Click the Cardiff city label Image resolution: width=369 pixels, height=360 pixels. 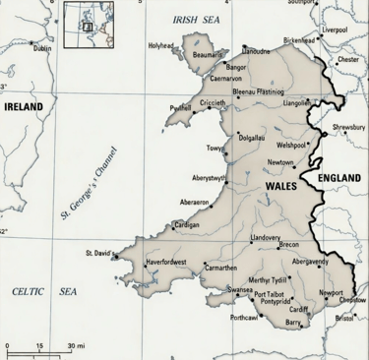click(x=299, y=309)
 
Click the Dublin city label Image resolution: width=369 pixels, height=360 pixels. click(x=42, y=48)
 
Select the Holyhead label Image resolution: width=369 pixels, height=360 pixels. click(x=160, y=45)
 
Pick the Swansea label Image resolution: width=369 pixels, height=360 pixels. click(x=240, y=290)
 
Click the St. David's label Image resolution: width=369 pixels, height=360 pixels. click(x=101, y=253)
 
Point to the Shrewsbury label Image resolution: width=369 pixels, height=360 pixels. click(x=347, y=128)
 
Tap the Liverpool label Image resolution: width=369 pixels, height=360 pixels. click(x=335, y=30)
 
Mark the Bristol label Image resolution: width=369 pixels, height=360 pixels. click(x=344, y=318)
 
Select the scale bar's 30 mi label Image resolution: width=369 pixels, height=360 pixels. click(x=76, y=346)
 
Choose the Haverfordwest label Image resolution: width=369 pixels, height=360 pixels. click(x=172, y=264)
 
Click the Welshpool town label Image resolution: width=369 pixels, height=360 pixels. click(x=291, y=144)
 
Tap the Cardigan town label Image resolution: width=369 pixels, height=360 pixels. click(x=187, y=224)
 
